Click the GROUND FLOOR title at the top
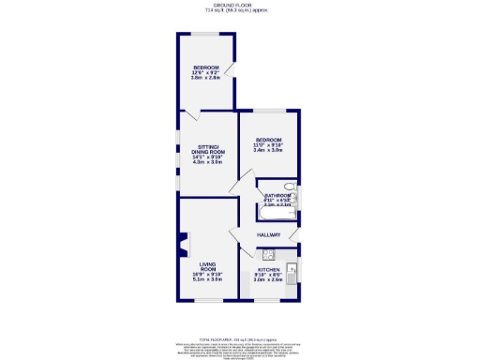[239, 5]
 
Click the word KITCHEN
[269, 269]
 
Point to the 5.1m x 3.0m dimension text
[208, 280]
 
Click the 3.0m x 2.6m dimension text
[269, 280]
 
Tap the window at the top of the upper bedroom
[207, 34]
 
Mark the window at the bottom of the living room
[208, 301]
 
